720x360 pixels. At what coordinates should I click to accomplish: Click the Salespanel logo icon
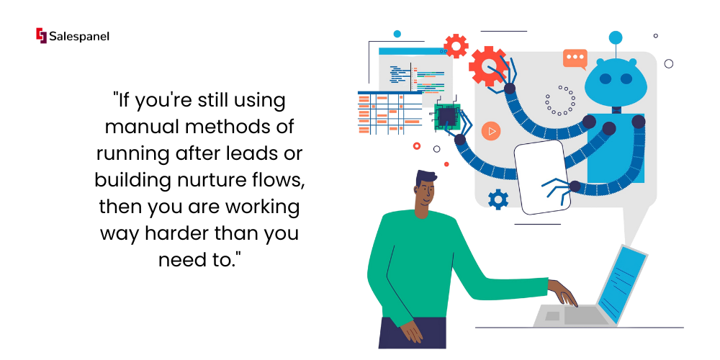pyautogui.click(x=41, y=35)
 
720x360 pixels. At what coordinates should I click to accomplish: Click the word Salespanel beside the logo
pyautogui.click(x=79, y=36)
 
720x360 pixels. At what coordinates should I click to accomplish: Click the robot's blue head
pyautogui.click(x=616, y=81)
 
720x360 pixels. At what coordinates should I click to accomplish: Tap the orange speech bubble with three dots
pyautogui.click(x=575, y=59)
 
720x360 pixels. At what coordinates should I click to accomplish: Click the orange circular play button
pyautogui.click(x=491, y=131)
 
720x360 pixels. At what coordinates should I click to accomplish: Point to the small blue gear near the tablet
pyautogui.click(x=498, y=199)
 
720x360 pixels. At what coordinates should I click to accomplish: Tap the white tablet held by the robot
pyautogui.click(x=542, y=177)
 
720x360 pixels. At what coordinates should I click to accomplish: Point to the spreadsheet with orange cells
pyautogui.click(x=390, y=112)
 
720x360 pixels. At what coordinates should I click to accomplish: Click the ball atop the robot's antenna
pyautogui.click(x=616, y=37)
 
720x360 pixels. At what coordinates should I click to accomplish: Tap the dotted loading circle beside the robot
pyautogui.click(x=560, y=100)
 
